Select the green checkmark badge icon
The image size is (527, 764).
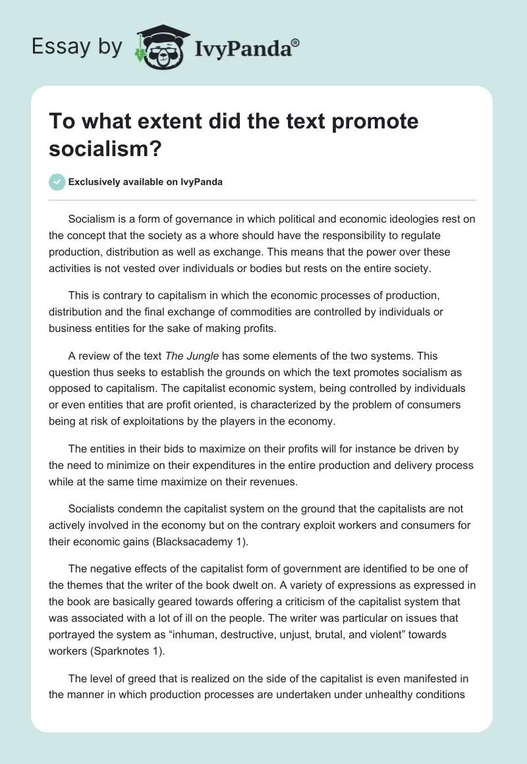click(x=57, y=182)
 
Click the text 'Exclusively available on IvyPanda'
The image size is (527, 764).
click(x=146, y=182)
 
